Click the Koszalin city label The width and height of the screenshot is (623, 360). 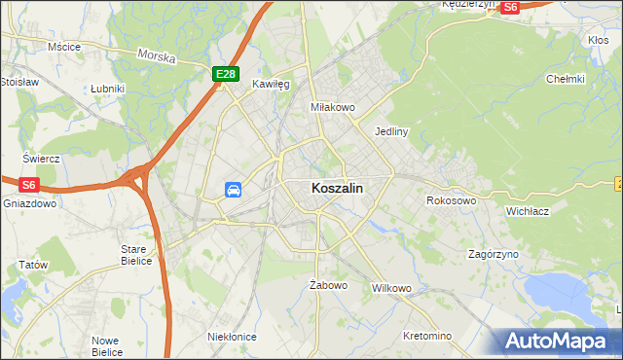339,190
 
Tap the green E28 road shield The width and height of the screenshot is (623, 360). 226,74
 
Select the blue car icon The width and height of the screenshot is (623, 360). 234,190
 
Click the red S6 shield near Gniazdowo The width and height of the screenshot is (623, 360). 28,184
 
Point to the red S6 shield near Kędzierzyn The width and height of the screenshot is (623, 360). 512,6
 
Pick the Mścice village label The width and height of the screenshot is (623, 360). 63,46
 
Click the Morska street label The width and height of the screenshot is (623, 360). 157,57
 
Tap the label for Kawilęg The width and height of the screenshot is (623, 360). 272,85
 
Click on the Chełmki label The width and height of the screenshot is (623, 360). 565,79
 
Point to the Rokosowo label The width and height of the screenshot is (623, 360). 451,200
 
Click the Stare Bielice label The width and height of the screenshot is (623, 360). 134,255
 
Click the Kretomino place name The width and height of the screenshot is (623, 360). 427,336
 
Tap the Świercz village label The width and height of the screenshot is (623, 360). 42,159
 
